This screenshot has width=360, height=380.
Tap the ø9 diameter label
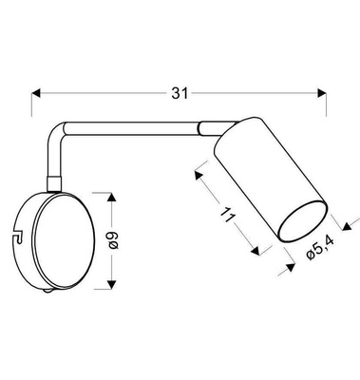[111, 241]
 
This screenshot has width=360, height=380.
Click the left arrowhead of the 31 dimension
[39, 93]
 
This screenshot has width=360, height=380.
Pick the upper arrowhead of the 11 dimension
[198, 174]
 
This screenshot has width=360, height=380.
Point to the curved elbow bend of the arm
[59, 130]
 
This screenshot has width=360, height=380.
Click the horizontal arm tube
[133, 124]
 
